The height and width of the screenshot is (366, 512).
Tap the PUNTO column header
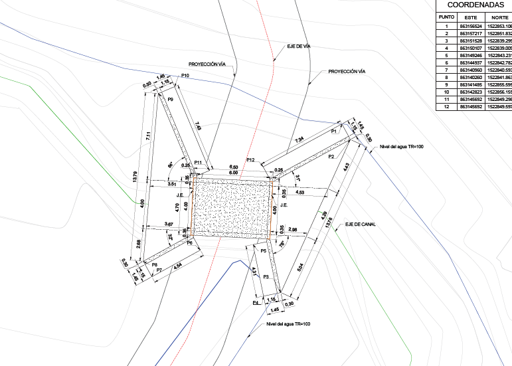point(446,18)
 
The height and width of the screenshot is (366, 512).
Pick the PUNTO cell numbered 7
point(446,70)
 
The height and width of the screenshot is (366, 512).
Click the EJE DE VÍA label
point(299,46)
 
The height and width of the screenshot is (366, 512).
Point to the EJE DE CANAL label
point(360,225)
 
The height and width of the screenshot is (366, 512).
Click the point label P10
point(185,76)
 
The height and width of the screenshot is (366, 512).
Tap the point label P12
point(250,160)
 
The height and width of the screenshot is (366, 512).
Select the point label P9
point(171,99)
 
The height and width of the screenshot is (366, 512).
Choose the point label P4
point(256,302)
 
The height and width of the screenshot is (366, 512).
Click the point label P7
point(159,270)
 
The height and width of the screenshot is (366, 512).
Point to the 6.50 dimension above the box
point(234,167)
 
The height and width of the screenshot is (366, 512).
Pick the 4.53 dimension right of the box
point(300,192)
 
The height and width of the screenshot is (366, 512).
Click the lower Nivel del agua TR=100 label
point(288,323)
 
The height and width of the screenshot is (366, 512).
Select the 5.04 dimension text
point(299,266)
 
